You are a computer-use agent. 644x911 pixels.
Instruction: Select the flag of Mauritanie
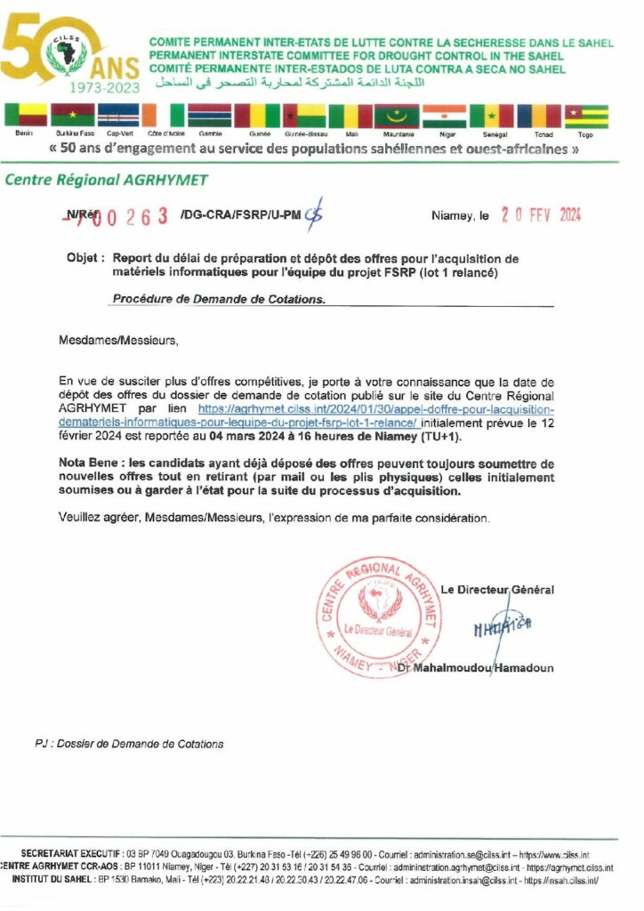coord(396,116)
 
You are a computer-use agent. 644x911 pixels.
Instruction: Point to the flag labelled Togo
coord(585,116)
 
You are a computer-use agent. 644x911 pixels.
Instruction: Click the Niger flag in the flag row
coord(444,116)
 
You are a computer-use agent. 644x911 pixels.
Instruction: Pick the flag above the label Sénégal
coord(491,116)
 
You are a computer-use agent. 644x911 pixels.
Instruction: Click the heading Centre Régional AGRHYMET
coord(107,181)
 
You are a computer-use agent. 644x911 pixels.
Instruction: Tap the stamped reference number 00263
coord(135,215)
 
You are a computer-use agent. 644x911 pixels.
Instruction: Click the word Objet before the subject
coord(84,258)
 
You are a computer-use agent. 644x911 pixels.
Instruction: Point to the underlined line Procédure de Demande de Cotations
coord(219,299)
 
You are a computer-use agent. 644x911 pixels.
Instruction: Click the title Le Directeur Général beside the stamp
coord(497,589)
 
